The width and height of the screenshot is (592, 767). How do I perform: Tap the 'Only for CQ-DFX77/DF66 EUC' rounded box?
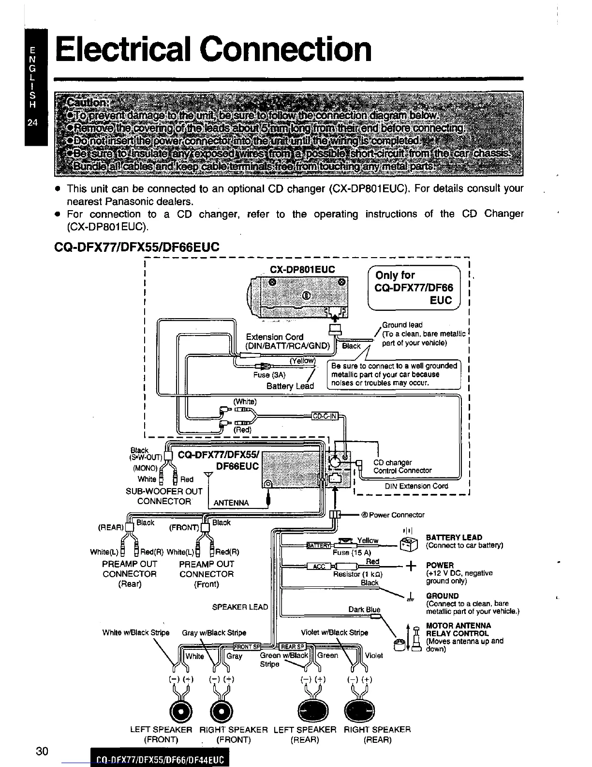414,288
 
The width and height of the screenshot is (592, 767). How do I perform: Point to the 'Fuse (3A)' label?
269,375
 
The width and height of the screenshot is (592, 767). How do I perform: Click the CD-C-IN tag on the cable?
325,416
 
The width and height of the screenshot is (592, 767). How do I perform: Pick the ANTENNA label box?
231,503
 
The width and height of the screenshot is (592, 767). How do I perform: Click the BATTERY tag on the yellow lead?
318,546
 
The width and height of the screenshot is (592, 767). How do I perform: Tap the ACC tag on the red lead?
320,567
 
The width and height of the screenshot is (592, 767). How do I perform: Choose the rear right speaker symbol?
356,711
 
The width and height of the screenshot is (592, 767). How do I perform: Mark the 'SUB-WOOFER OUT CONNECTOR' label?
163,496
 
